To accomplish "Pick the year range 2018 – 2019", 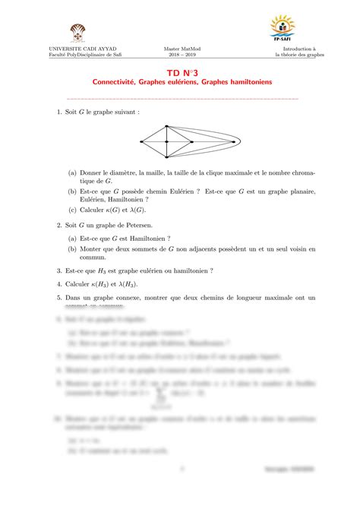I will pyautogui.click(x=179, y=56).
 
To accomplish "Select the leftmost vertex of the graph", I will pyautogui.click(x=141, y=142).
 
